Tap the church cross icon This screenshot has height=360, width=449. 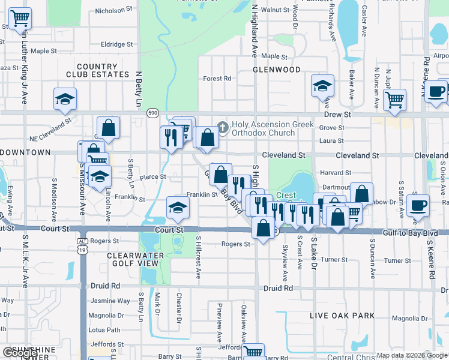point(223,127)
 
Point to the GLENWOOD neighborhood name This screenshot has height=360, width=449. point(277,70)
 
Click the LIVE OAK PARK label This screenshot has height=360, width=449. point(342,316)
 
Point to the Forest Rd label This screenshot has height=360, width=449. point(217,79)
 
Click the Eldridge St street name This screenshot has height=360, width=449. point(116,44)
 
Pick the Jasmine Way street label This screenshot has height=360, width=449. point(110,301)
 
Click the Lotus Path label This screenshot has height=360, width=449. point(104,330)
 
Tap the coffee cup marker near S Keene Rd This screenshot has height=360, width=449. point(418,206)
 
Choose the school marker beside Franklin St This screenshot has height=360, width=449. point(178,208)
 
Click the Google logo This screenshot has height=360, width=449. point(19,353)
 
